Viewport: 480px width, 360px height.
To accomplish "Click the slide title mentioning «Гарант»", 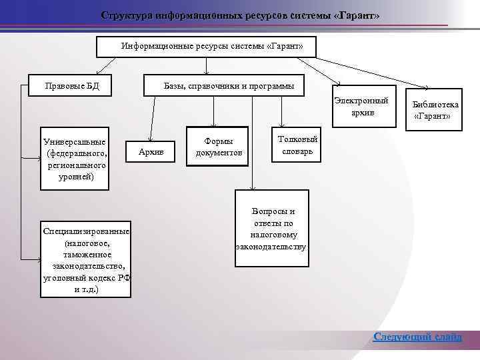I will click(240, 15).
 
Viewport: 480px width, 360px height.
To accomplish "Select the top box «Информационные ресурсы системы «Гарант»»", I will click(207, 47).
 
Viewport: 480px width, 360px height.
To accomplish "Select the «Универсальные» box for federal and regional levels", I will click(74, 159).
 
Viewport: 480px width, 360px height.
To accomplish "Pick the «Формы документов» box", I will click(219, 147).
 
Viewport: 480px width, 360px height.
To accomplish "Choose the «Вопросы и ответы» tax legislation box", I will click(271, 228).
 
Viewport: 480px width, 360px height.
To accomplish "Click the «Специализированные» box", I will click(86, 259).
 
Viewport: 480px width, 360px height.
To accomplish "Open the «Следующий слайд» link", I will click(417, 336).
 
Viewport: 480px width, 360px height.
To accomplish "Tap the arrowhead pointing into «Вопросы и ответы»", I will click(251, 188).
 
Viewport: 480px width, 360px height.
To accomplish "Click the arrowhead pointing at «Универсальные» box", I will click(38, 159).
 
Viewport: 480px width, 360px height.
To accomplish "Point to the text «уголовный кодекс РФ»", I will click(86, 278).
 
